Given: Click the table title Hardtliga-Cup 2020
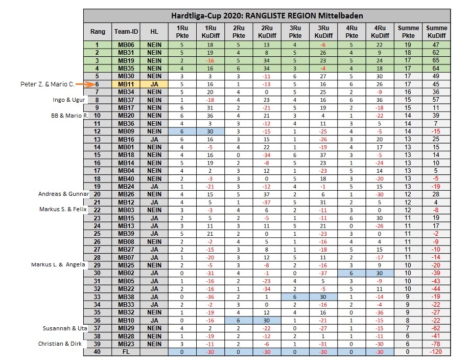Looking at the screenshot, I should tap(267, 16).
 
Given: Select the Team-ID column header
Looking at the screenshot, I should tap(126, 32).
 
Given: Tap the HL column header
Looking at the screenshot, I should tap(154, 32).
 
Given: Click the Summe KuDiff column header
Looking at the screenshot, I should tap(437, 32).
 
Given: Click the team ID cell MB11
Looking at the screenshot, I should tap(126, 84).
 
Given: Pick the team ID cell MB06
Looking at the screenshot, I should tap(126, 45).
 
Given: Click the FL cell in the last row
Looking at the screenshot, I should tap(126, 352).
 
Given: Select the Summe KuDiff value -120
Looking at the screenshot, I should tap(437, 352).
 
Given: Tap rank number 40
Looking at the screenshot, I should tap(98, 352).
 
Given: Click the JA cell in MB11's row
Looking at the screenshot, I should tap(154, 84).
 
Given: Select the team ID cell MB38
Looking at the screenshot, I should tap(126, 297).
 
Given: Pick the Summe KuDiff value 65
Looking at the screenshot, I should tap(437, 60).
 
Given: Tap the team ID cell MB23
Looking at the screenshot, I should tap(126, 344).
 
